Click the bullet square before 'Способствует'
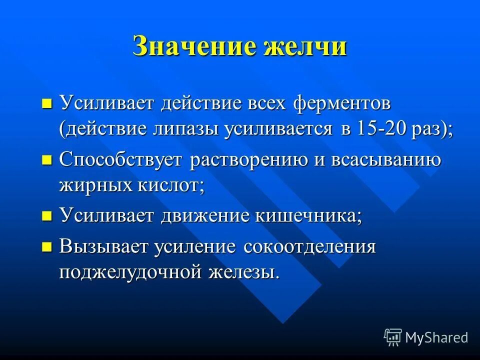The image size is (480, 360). (46, 160)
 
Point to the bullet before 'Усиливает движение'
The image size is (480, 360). (46, 216)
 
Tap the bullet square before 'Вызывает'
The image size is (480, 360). (46, 247)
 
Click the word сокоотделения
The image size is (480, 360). (309, 247)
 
